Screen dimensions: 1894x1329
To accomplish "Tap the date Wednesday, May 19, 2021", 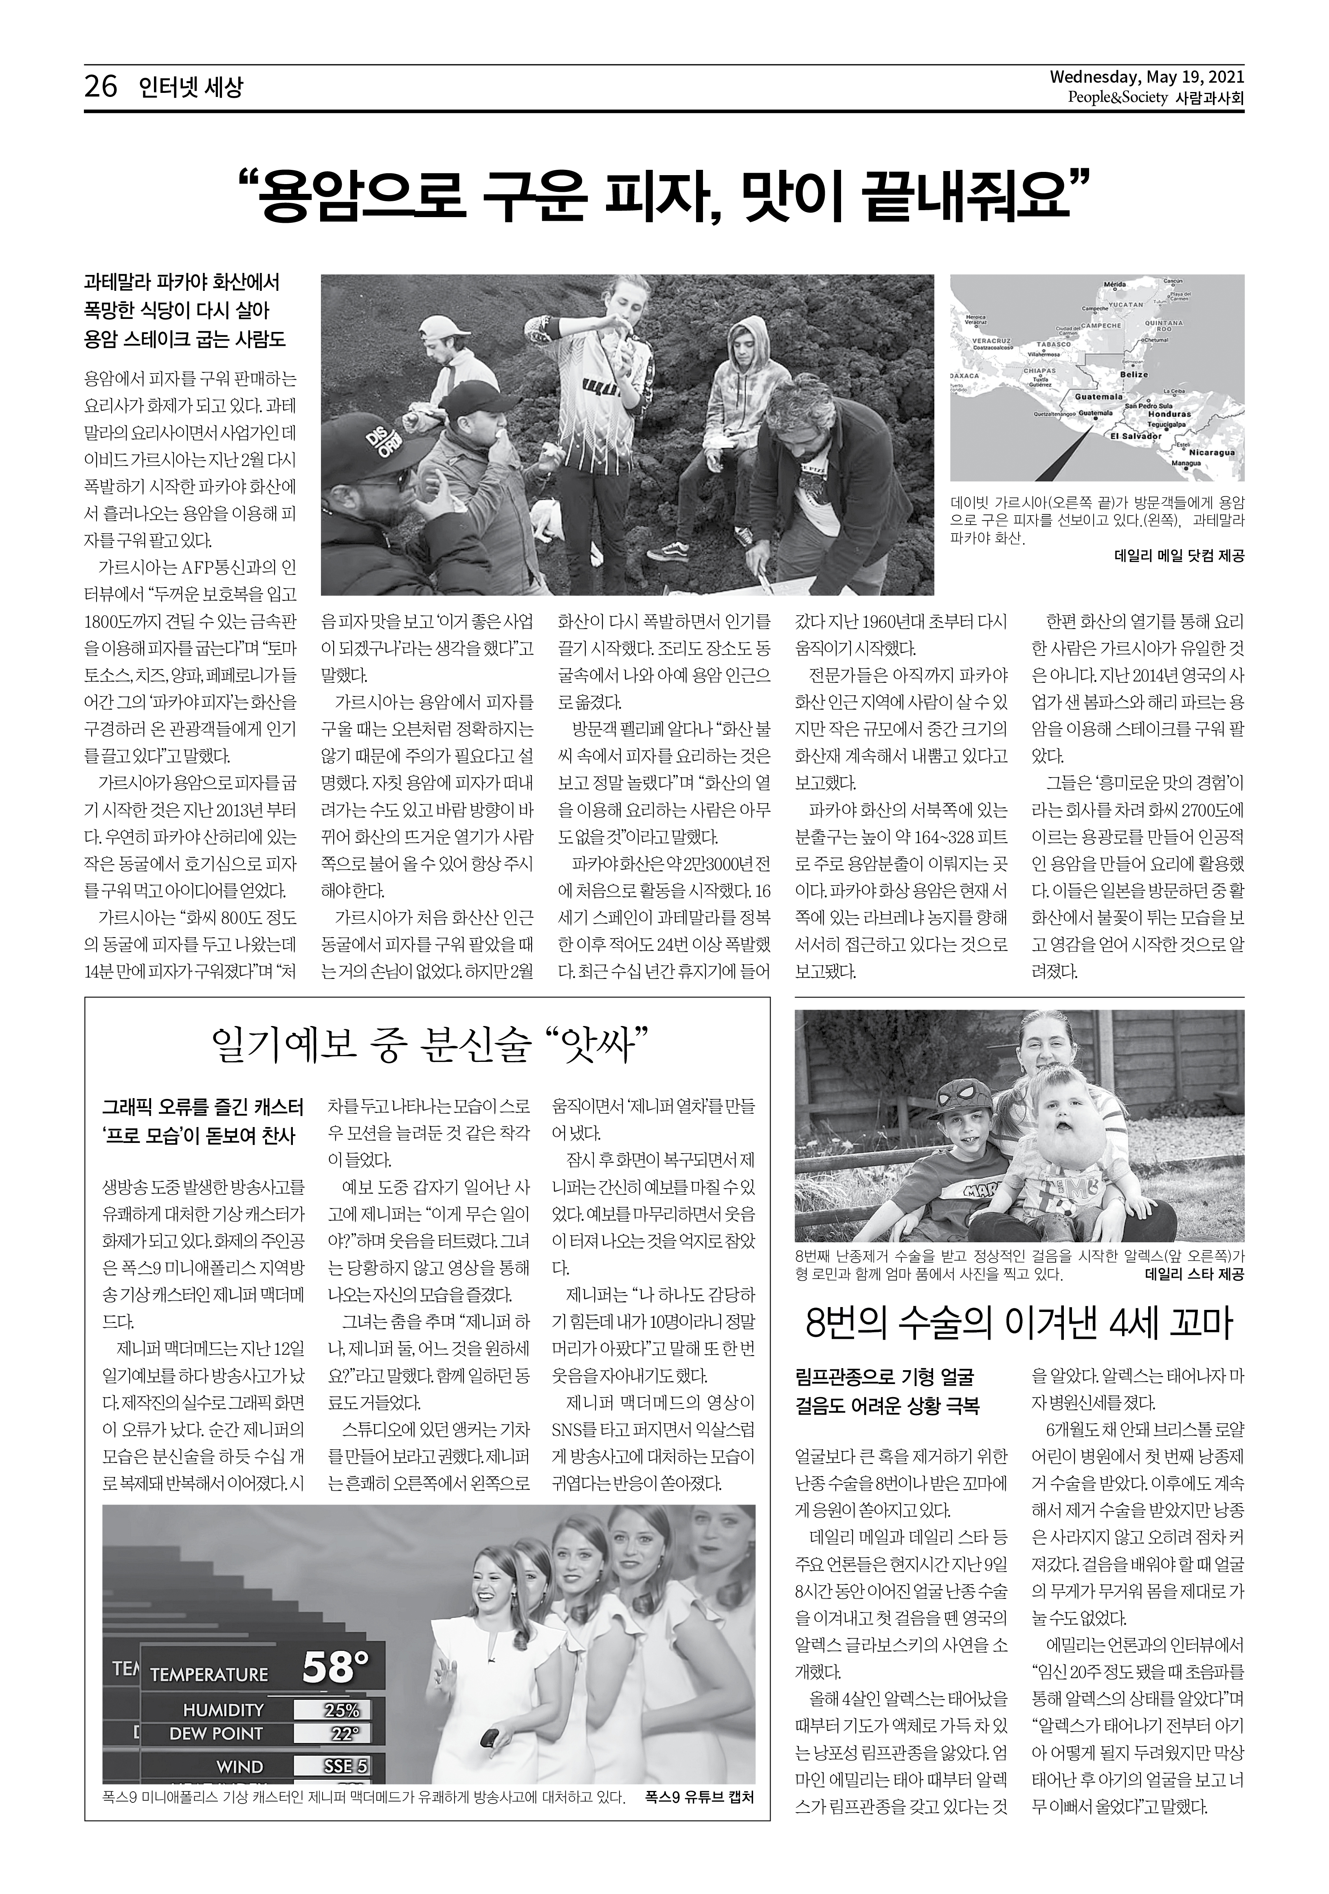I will pos(1147,78).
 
